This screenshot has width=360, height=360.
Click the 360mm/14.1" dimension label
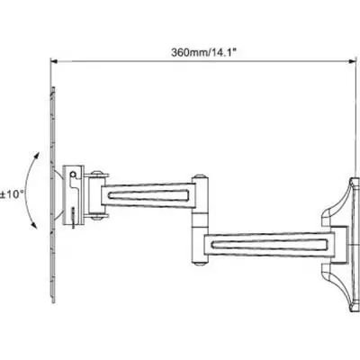(x=204, y=52)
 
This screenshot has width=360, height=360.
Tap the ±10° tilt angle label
(x=12, y=194)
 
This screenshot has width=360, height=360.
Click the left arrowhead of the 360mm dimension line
(x=53, y=61)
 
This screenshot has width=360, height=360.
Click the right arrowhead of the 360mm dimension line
(x=353, y=61)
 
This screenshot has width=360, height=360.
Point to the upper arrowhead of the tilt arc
(x=38, y=156)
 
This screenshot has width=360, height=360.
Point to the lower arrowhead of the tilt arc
(x=34, y=226)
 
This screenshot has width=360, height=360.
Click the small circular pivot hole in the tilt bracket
(x=73, y=175)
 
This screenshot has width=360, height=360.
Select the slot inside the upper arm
(x=148, y=195)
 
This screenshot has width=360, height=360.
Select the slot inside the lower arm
(x=269, y=244)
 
